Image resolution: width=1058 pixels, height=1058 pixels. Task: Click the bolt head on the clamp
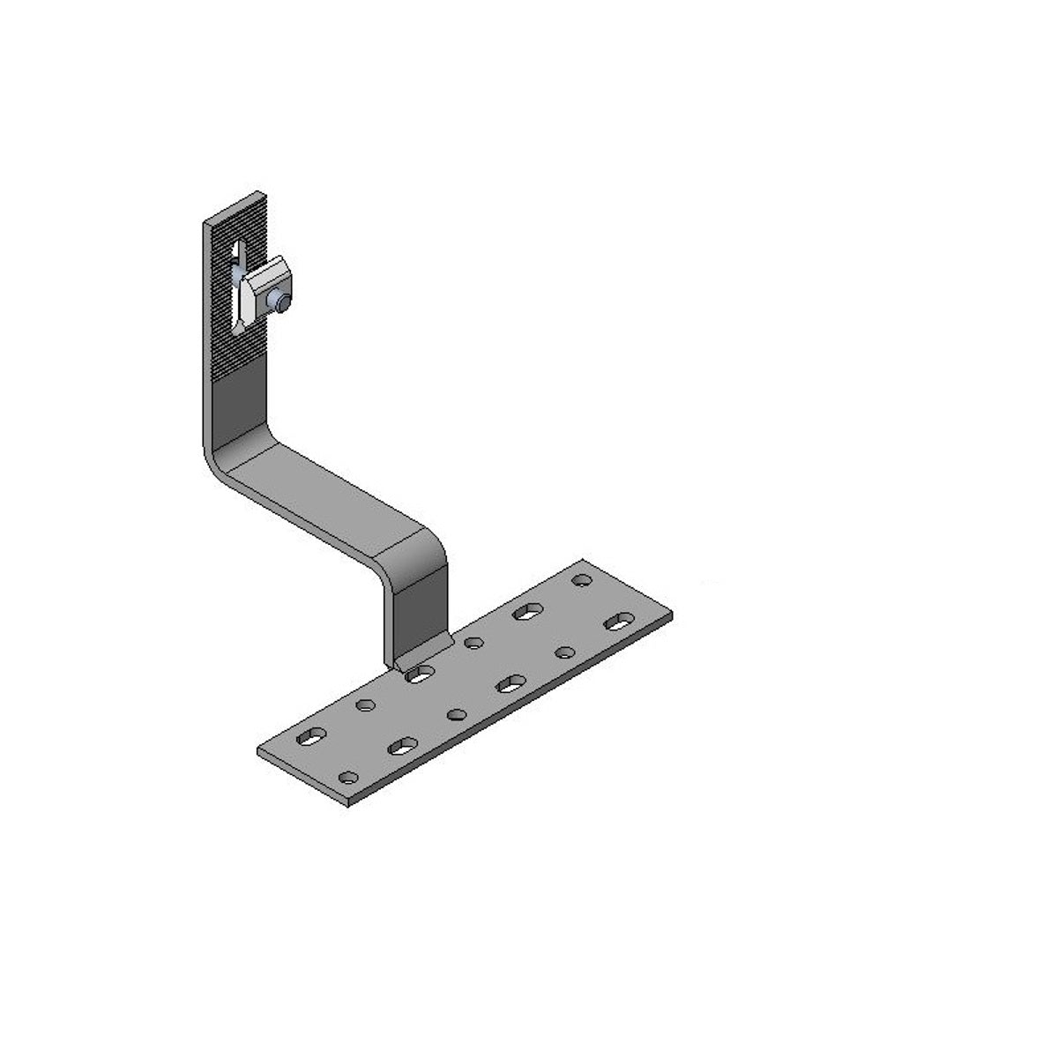point(281,302)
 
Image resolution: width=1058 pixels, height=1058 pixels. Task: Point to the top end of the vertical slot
point(235,243)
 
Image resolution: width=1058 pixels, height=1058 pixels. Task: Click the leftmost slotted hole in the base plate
point(310,736)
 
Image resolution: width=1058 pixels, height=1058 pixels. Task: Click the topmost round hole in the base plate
point(581,580)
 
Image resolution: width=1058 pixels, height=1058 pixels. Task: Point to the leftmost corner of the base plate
point(257,751)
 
